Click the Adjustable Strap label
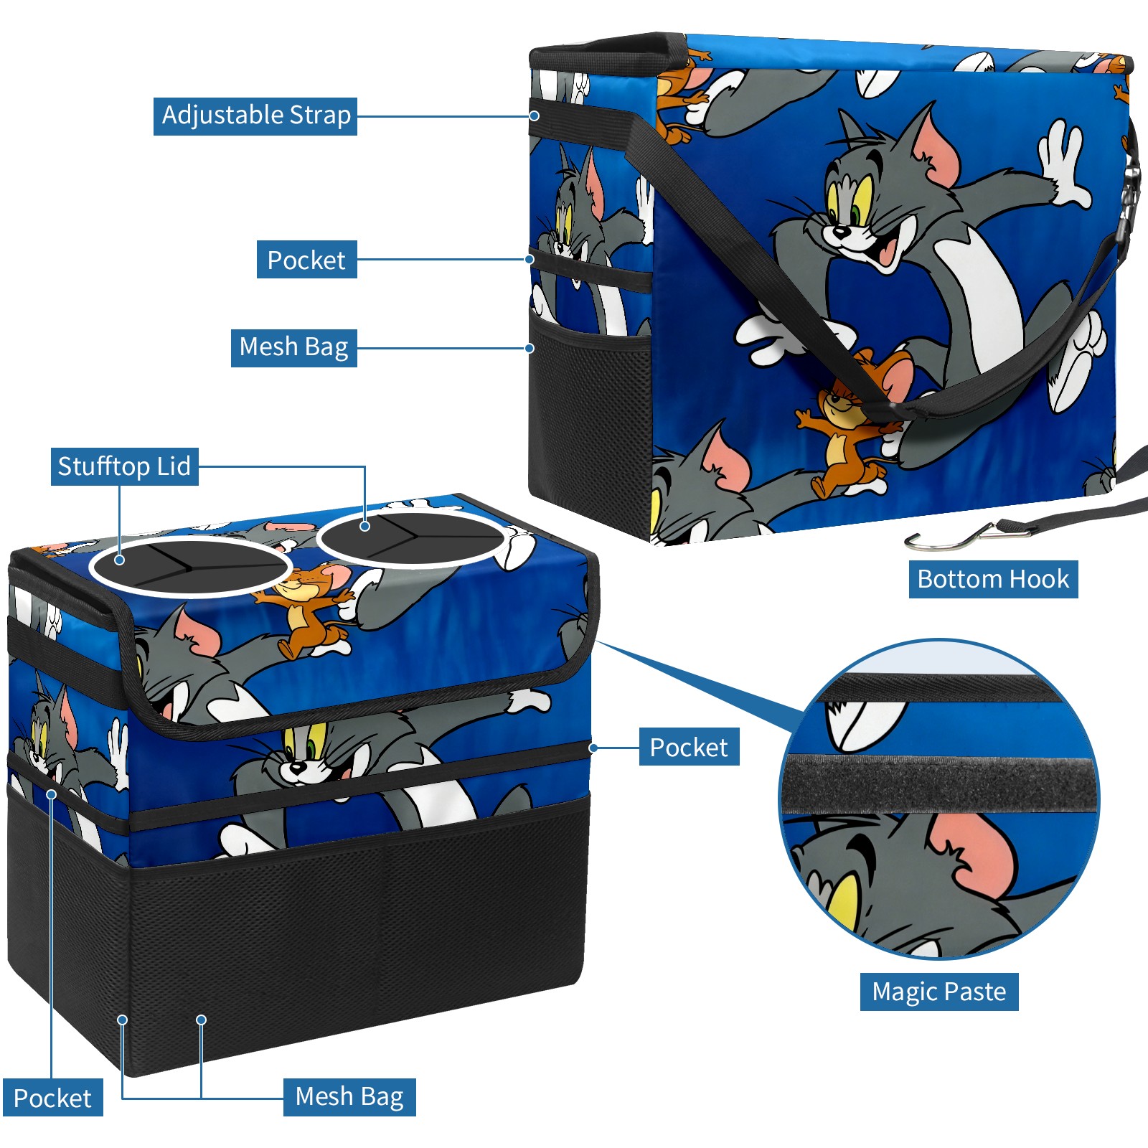[255, 116]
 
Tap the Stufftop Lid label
[124, 467]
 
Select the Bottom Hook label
[993, 579]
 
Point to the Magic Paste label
[938, 992]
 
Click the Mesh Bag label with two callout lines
[349, 1097]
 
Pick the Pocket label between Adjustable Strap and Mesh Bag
[306, 260]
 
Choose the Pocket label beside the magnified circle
[689, 748]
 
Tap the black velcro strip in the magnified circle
[940, 784]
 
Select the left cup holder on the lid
[190, 566]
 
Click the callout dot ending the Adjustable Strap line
[535, 116]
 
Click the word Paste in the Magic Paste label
[974, 992]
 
